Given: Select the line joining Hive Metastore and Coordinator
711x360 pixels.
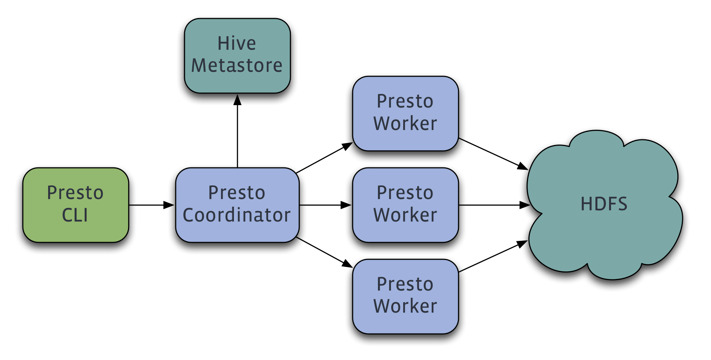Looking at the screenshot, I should click(x=238, y=134).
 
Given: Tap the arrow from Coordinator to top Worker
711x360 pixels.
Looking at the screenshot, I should click(x=322, y=158).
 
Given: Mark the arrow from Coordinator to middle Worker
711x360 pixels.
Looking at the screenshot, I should click(x=325, y=205).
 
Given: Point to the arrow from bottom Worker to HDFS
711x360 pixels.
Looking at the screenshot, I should click(x=493, y=256).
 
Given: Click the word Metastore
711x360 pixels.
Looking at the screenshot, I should click(x=237, y=65).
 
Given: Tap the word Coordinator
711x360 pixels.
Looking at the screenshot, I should click(x=237, y=215).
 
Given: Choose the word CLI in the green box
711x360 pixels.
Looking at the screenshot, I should click(x=75, y=215).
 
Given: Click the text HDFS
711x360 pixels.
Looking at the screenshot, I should click(x=604, y=204).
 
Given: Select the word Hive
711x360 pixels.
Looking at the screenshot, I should click(x=237, y=43).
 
